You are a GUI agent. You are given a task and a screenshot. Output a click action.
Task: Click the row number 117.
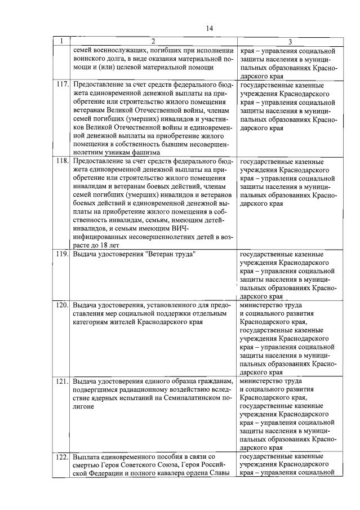point(62,85)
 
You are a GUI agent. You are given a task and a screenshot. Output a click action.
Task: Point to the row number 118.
point(62,161)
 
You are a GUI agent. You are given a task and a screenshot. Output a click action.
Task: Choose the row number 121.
point(62,380)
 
